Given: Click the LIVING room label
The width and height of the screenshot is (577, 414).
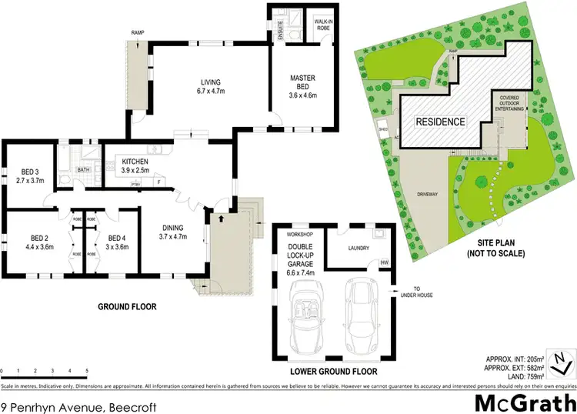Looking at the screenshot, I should [209, 82].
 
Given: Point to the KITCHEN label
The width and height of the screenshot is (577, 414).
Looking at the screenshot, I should [135, 162].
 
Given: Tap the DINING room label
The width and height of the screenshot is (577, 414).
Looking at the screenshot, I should [173, 227].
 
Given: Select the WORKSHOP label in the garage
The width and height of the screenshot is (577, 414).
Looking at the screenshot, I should [299, 232].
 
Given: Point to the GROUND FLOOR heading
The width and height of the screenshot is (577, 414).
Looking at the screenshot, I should [126, 306].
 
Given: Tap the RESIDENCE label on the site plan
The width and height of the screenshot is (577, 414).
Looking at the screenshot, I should [440, 122].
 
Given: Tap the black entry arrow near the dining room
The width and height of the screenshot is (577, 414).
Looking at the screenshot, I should [222, 219].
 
